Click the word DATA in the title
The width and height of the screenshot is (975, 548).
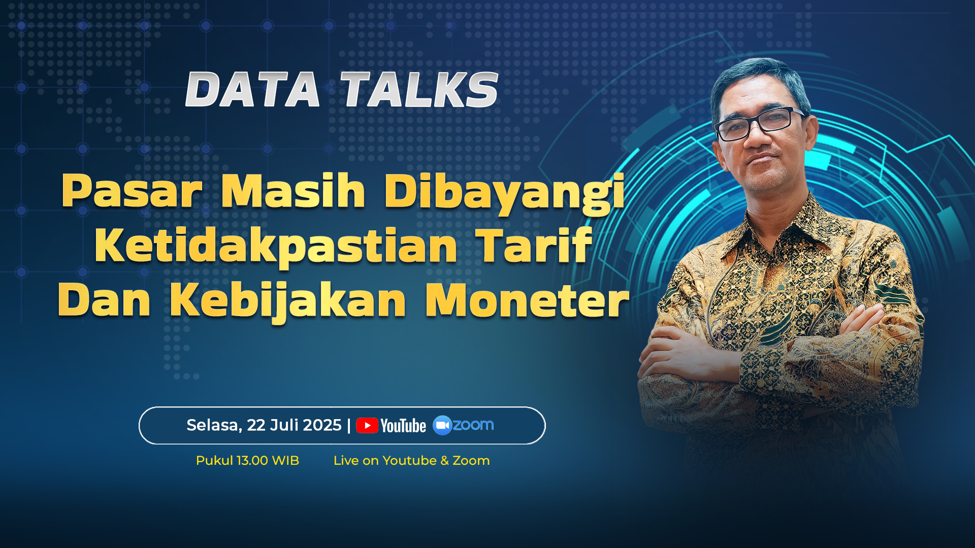[x=253, y=89]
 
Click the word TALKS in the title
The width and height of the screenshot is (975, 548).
[x=419, y=89]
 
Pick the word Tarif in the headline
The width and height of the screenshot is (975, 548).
[x=534, y=245]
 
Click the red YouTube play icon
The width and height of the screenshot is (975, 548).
[x=367, y=426]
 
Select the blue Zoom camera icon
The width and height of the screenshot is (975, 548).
[x=442, y=425]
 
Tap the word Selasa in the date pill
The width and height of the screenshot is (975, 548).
[x=214, y=425]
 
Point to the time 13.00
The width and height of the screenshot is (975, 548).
[x=252, y=461]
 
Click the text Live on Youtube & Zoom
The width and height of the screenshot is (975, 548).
[x=411, y=461]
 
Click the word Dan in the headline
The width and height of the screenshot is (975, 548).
[x=104, y=300]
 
